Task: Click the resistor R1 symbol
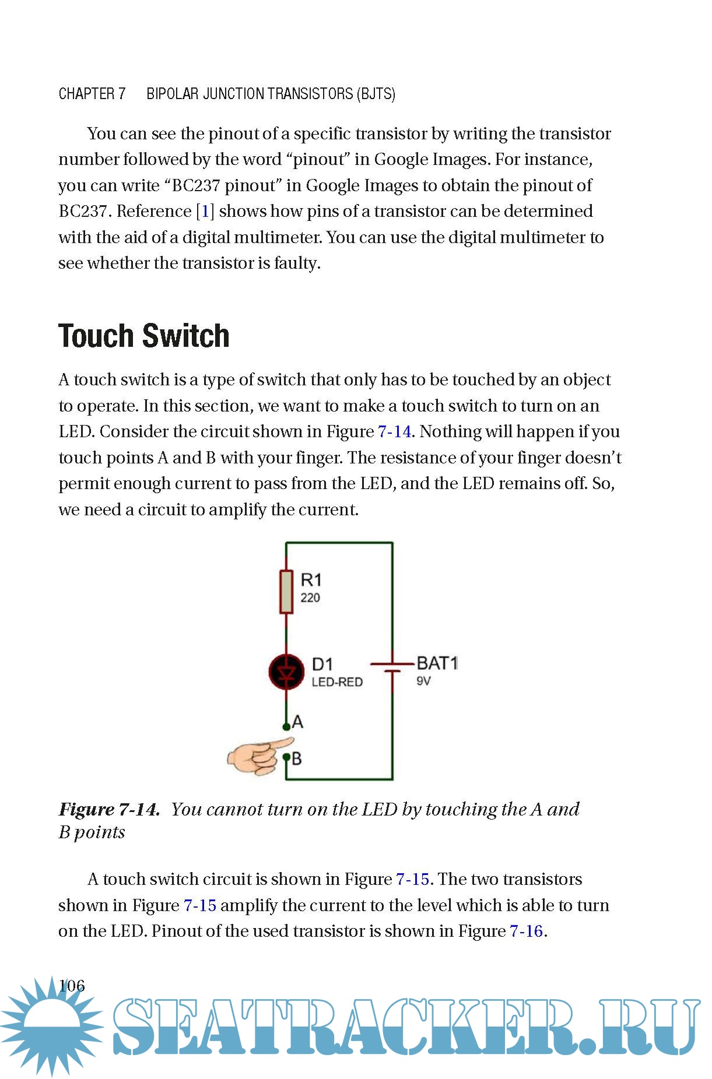pos(286,592)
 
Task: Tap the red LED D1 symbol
pos(286,672)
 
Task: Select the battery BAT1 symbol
pos(392,667)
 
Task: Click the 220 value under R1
pos(310,598)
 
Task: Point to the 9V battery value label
pos(424,681)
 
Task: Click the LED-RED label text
pos(337,682)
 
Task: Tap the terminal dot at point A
pos(286,727)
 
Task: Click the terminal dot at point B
pos(286,757)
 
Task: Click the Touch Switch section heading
pos(144,336)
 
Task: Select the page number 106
pos(72,986)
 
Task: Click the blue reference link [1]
pos(205,211)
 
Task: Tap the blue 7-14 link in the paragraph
pos(395,431)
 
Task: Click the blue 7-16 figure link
pos(527,931)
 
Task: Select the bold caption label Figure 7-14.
pos(109,809)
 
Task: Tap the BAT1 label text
pos(437,663)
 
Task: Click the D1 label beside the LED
pos(322,665)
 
